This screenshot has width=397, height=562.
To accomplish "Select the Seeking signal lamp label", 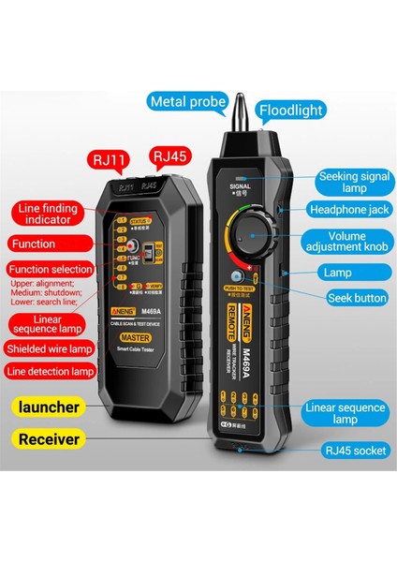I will (x=353, y=181).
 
